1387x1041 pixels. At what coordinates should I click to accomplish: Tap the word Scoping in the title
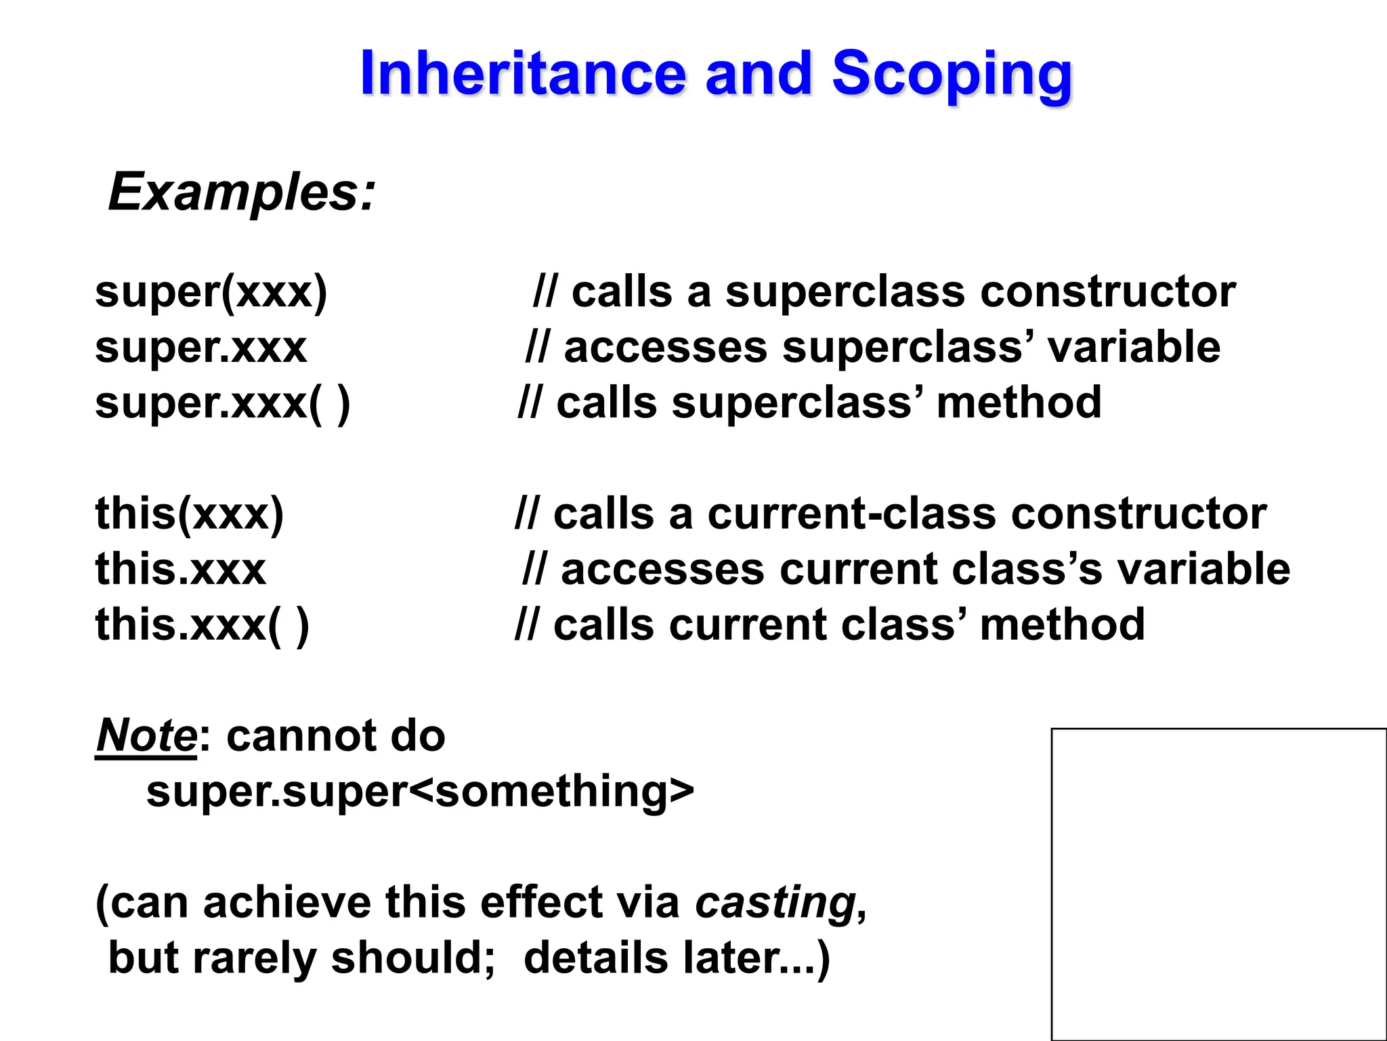(952, 75)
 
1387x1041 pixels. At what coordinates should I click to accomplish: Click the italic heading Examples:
(241, 192)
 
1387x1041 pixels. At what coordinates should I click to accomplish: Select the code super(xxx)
(211, 292)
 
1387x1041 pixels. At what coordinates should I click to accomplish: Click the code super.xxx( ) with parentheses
(223, 403)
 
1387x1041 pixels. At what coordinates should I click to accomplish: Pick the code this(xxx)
(190, 514)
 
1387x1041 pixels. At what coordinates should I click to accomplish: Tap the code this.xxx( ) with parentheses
(202, 625)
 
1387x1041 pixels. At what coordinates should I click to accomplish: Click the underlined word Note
(146, 736)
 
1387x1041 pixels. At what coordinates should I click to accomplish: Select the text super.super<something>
(420, 792)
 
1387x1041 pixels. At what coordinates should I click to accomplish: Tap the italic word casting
(776, 903)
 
